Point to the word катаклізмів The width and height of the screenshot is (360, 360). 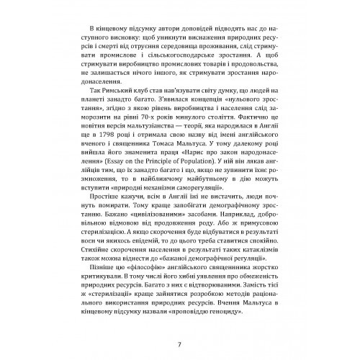(x=243, y=274)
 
